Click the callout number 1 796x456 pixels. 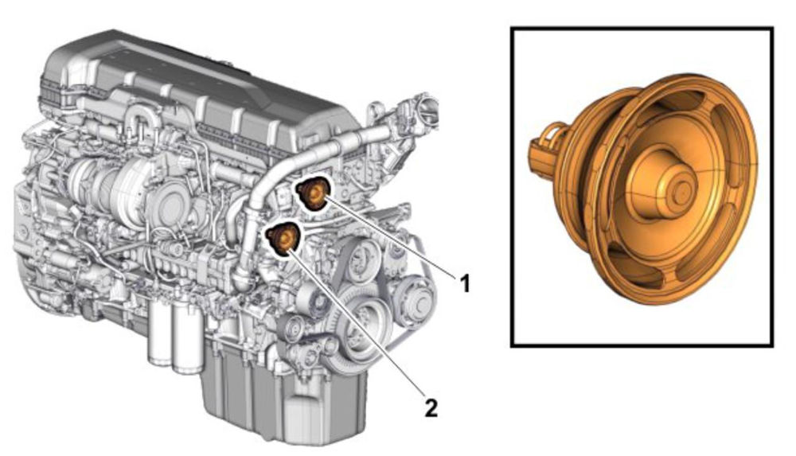[x=465, y=283]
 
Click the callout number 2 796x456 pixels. [x=431, y=407]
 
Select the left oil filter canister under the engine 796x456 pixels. [x=160, y=331]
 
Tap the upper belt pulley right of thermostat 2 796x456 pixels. [x=361, y=259]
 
